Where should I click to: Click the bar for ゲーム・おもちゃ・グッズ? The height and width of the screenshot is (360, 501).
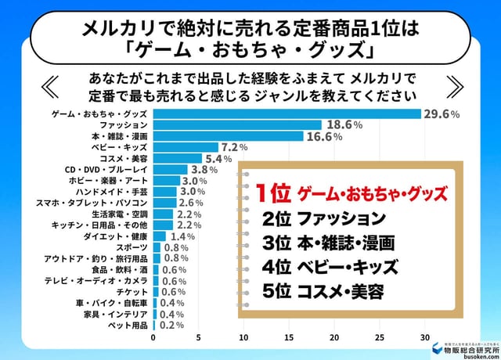coord(287,113)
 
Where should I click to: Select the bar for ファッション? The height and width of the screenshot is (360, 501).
coord(237,124)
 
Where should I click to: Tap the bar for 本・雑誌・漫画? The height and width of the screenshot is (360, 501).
coord(228,136)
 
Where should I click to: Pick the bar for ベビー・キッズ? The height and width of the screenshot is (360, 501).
coord(186,147)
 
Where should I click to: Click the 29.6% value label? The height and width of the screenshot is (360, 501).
coord(441,113)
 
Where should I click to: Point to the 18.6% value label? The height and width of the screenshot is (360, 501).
coord(343,124)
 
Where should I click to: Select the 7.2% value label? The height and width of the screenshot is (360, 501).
coord(235,147)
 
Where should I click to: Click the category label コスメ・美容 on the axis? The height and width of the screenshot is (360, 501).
coord(124,158)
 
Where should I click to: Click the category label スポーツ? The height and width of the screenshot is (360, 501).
coord(132,247)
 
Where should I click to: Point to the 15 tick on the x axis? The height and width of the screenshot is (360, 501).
coord(290,338)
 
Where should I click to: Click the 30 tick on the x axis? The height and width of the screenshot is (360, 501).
coord(426,338)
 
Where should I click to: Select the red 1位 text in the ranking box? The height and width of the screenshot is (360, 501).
coord(272,192)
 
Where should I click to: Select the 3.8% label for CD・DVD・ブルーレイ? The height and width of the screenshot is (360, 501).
coord(204,169)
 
